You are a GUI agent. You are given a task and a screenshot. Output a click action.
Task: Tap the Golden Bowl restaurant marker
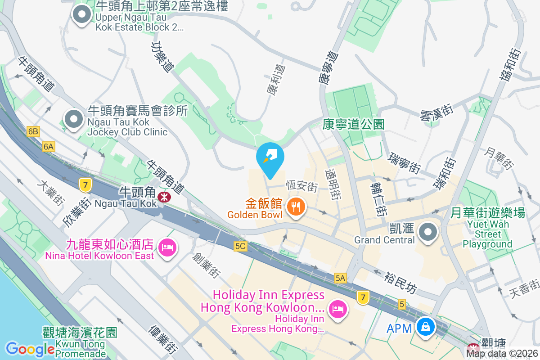[x=296, y=207]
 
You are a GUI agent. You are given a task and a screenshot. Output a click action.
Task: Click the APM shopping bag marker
[x=425, y=326]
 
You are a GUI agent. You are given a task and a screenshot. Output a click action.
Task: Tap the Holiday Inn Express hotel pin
[x=337, y=309]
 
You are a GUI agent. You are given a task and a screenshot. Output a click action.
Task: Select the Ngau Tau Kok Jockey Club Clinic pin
[x=73, y=120]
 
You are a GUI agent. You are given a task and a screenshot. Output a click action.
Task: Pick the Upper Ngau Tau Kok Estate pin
[x=81, y=15]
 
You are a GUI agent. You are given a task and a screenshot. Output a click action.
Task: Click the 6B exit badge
[x=33, y=131]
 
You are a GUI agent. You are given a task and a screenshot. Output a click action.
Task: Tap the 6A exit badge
[x=49, y=146]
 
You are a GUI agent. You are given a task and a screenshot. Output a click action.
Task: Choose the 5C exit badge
[x=241, y=246]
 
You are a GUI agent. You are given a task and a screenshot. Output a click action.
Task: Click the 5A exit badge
[x=340, y=278]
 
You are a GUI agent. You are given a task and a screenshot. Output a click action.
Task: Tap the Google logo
[x=30, y=349]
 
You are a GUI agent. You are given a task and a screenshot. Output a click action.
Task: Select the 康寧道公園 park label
[x=353, y=124]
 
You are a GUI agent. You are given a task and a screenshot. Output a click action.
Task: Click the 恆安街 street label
[x=302, y=185]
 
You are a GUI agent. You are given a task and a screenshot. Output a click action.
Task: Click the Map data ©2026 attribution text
[x=502, y=353]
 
